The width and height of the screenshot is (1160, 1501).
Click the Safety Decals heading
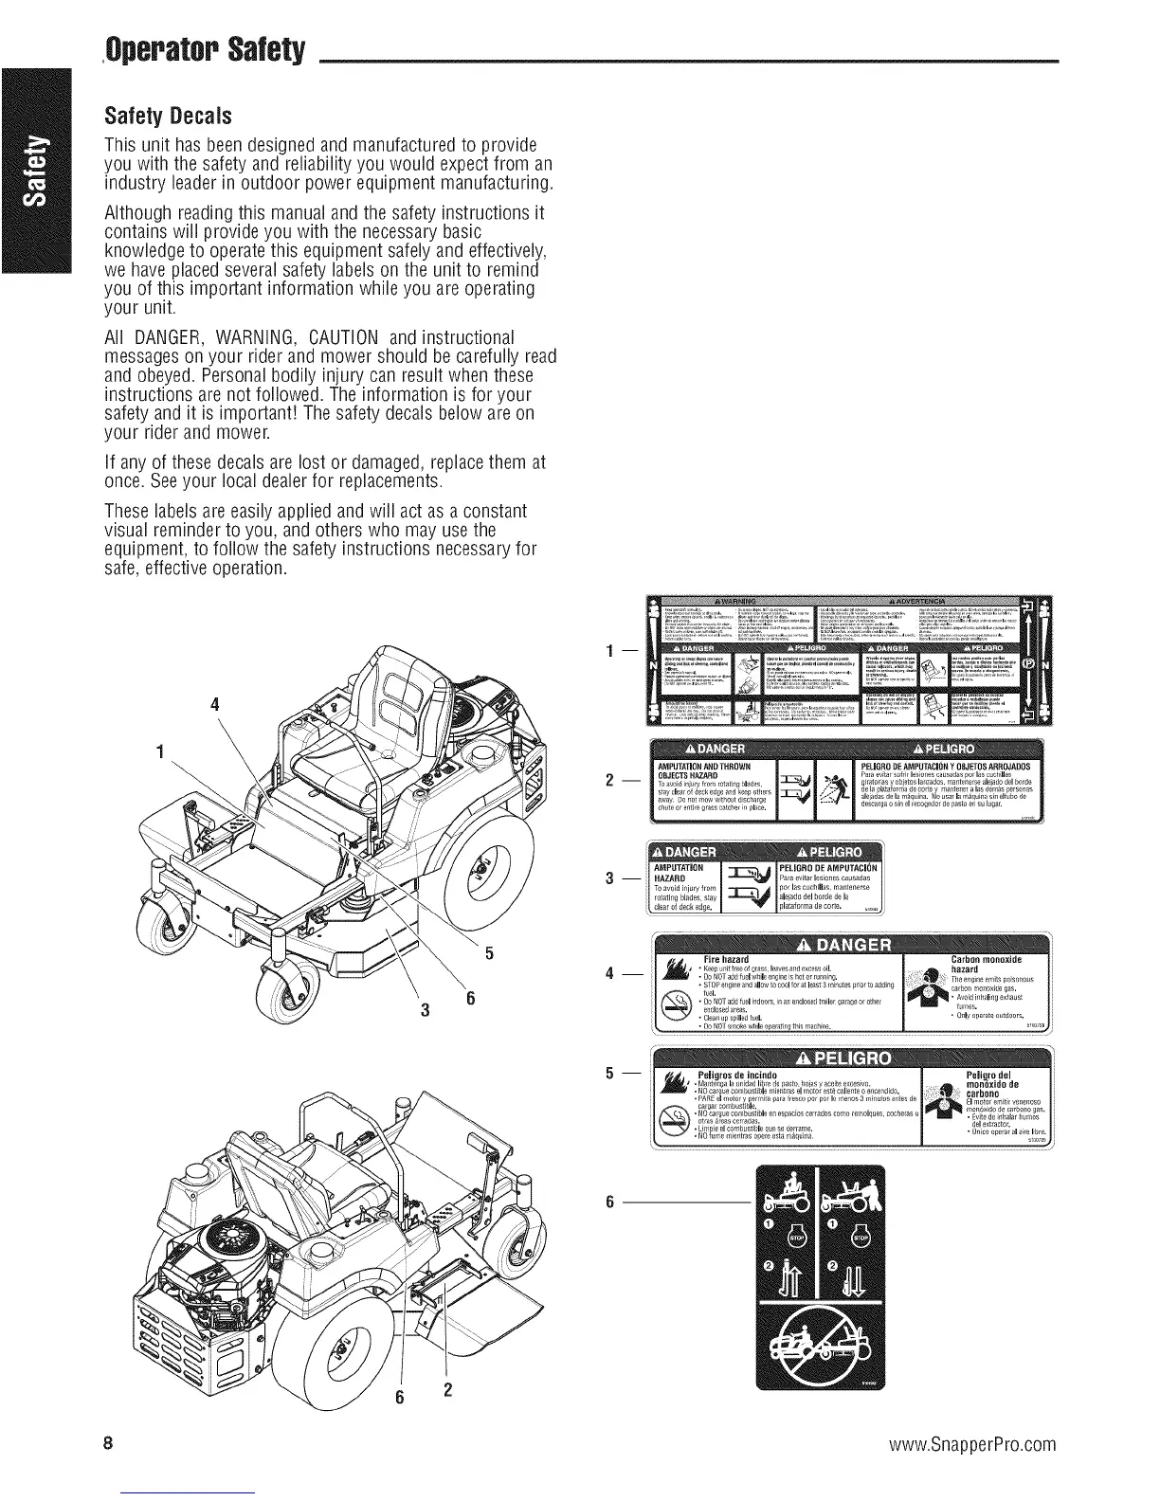click(x=166, y=118)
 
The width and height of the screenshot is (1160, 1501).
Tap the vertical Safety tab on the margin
click(x=37, y=171)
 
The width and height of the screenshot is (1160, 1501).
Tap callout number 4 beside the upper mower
click(x=215, y=705)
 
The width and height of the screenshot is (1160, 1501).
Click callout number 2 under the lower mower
click(x=447, y=1391)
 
